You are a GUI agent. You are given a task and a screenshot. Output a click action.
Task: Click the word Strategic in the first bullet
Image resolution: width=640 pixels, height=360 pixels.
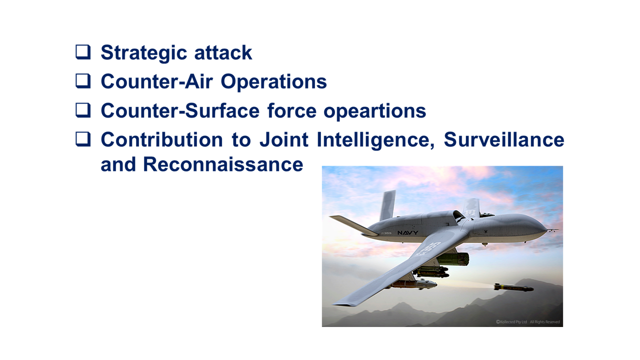(144, 53)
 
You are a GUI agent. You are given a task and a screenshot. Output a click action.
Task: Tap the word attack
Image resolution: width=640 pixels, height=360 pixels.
(223, 52)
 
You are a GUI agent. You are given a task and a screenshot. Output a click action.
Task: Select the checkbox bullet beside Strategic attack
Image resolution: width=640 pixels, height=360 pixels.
(83, 52)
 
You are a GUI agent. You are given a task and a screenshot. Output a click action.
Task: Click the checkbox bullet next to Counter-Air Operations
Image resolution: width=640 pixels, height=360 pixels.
(83, 81)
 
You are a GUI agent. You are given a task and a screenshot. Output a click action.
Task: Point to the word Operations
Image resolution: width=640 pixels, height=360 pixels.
(273, 82)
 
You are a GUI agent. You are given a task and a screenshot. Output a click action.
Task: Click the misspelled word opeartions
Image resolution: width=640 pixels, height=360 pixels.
(375, 111)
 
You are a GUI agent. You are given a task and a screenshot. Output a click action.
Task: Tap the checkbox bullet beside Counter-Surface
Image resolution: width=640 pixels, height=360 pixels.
(83, 110)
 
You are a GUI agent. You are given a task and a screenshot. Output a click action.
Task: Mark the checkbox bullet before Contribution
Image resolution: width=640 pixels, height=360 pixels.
(83, 139)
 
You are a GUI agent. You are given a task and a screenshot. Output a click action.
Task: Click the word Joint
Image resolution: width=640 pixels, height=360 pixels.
(284, 139)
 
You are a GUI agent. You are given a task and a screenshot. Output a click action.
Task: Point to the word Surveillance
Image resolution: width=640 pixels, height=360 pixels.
(504, 139)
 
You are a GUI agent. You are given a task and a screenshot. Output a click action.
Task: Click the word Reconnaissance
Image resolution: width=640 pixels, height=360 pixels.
(223, 164)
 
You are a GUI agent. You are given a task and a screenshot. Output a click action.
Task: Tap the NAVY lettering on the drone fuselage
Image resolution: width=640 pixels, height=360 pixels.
(407, 233)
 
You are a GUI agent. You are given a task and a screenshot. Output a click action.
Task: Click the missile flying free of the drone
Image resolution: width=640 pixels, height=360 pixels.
(513, 287)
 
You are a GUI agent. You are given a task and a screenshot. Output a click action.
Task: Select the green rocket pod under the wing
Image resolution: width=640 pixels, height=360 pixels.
(453, 259)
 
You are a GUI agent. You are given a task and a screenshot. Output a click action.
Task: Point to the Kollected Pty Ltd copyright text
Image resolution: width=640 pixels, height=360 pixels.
(511, 322)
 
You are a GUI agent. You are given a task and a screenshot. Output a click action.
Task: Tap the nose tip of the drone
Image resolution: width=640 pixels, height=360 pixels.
(546, 229)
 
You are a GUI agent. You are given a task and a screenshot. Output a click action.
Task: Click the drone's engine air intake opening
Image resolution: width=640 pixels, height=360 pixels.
(458, 215)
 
